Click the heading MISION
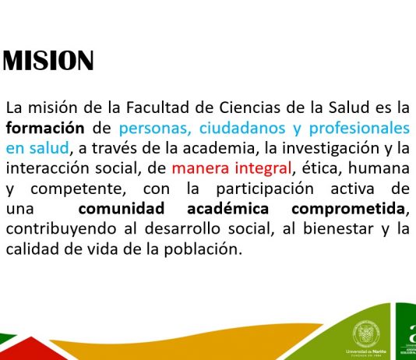coord(48,60)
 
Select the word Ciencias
coord(249,108)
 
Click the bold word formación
coord(45,128)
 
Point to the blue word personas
coord(155,129)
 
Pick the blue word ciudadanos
coord(242,128)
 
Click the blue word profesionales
coord(359,129)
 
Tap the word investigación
coord(330,149)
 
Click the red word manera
coord(200,168)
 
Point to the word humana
coord(379,168)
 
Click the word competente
coord(78,189)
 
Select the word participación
coord(265,189)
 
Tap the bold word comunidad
coord(122,209)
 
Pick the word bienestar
coord(338,229)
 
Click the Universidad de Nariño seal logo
coord(366,334)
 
